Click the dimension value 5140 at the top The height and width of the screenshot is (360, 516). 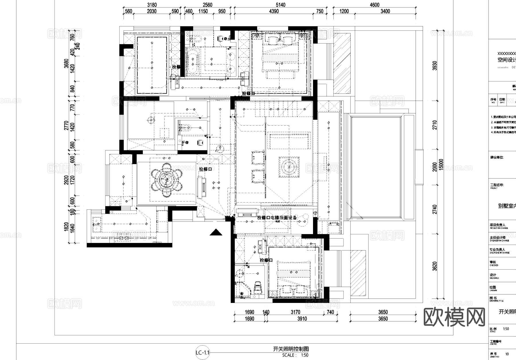pos(280,5)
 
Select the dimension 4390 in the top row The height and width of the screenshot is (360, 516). pos(274,11)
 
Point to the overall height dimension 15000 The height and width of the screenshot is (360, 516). pos(441,165)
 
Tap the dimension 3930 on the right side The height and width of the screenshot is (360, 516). pos(435,66)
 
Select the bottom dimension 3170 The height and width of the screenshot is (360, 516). pos(295,312)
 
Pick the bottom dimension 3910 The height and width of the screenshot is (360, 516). pos(302,319)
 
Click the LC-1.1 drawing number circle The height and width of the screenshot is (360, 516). pos(203,353)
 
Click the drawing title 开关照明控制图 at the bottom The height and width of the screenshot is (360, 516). pos(291,349)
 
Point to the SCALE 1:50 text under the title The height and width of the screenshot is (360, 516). pos(295,355)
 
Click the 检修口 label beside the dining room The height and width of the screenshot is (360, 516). pos(205,169)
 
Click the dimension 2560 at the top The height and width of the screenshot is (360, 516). pos(207,5)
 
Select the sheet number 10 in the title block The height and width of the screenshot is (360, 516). pos(507,354)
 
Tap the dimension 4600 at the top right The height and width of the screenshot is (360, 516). pos(374,5)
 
